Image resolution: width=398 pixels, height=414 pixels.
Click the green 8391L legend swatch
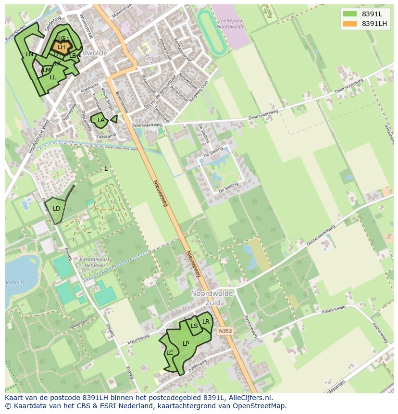pyautogui.click(x=349, y=14)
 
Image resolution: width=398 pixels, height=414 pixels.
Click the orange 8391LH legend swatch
pyautogui.click(x=349, y=24)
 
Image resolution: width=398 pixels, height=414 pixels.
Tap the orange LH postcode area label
pyautogui.click(x=61, y=47)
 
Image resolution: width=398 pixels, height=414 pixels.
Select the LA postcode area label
pyautogui.click(x=101, y=120)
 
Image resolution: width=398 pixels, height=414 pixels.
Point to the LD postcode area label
pyautogui.click(x=56, y=209)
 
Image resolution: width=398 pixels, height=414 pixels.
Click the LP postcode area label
pyautogui.click(x=186, y=344)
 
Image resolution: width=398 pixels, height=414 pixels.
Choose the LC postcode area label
pyautogui.click(x=170, y=353)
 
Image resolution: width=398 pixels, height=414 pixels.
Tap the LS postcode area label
pyautogui.click(x=194, y=326)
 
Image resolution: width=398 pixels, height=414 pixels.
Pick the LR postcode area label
pyautogui.click(x=206, y=322)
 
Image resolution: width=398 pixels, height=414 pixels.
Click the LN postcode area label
pyautogui.click(x=29, y=54)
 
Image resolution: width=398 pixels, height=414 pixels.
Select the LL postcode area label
pyautogui.click(x=52, y=77)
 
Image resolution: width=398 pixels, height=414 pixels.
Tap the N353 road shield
pyautogui.click(x=224, y=331)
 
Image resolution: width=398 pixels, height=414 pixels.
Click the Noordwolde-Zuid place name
pyautogui.click(x=212, y=298)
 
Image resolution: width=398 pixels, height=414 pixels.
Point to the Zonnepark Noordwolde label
pyautogui.click(x=231, y=24)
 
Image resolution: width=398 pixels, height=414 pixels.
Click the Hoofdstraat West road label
pyautogui.click(x=39, y=136)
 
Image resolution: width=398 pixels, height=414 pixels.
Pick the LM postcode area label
pyautogui.click(x=47, y=70)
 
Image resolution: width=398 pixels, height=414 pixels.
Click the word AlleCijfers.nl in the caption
pyautogui.click(x=249, y=398)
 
